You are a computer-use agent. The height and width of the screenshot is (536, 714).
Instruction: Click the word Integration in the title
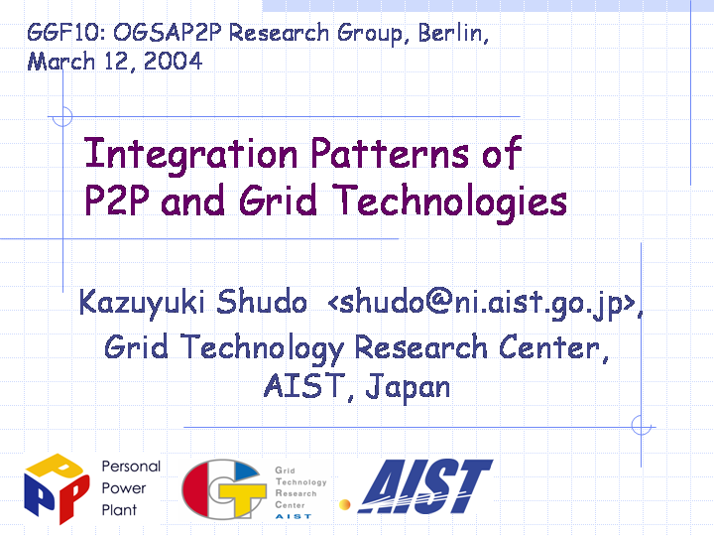click(190, 156)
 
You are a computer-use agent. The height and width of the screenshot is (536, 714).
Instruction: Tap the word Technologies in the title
click(450, 201)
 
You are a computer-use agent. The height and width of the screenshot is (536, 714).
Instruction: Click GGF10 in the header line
click(65, 33)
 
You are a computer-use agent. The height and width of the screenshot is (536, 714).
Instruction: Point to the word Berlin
click(453, 33)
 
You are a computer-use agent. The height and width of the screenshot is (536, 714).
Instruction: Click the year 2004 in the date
click(173, 62)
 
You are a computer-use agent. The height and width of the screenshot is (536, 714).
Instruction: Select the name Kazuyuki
click(142, 302)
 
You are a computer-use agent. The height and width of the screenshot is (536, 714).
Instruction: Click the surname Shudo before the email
click(262, 302)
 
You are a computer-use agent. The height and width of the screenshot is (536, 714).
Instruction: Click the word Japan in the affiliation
click(408, 387)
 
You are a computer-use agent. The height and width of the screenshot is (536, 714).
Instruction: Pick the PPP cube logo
click(57, 488)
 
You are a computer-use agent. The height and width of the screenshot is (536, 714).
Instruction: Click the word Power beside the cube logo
click(123, 488)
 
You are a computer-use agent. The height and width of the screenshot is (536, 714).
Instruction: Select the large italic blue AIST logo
click(425, 486)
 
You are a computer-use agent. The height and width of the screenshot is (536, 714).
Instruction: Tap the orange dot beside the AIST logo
click(345, 504)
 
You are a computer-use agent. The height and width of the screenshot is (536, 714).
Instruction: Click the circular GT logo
click(224, 489)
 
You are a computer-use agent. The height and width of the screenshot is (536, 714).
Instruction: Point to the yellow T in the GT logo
click(242, 497)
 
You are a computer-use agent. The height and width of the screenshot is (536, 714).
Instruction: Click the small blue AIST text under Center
click(294, 516)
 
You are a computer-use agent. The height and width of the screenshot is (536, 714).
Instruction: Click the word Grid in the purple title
click(278, 201)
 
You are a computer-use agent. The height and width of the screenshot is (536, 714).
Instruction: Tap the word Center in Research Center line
click(553, 347)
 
